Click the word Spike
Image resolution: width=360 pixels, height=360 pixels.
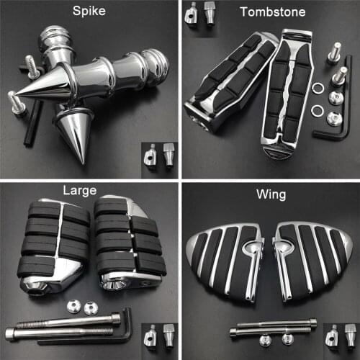click(x=90, y=12)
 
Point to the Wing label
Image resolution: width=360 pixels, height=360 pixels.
click(x=270, y=192)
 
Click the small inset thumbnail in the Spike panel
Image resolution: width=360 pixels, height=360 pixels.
click(x=159, y=156)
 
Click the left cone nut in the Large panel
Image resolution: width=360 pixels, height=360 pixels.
click(x=73, y=307)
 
